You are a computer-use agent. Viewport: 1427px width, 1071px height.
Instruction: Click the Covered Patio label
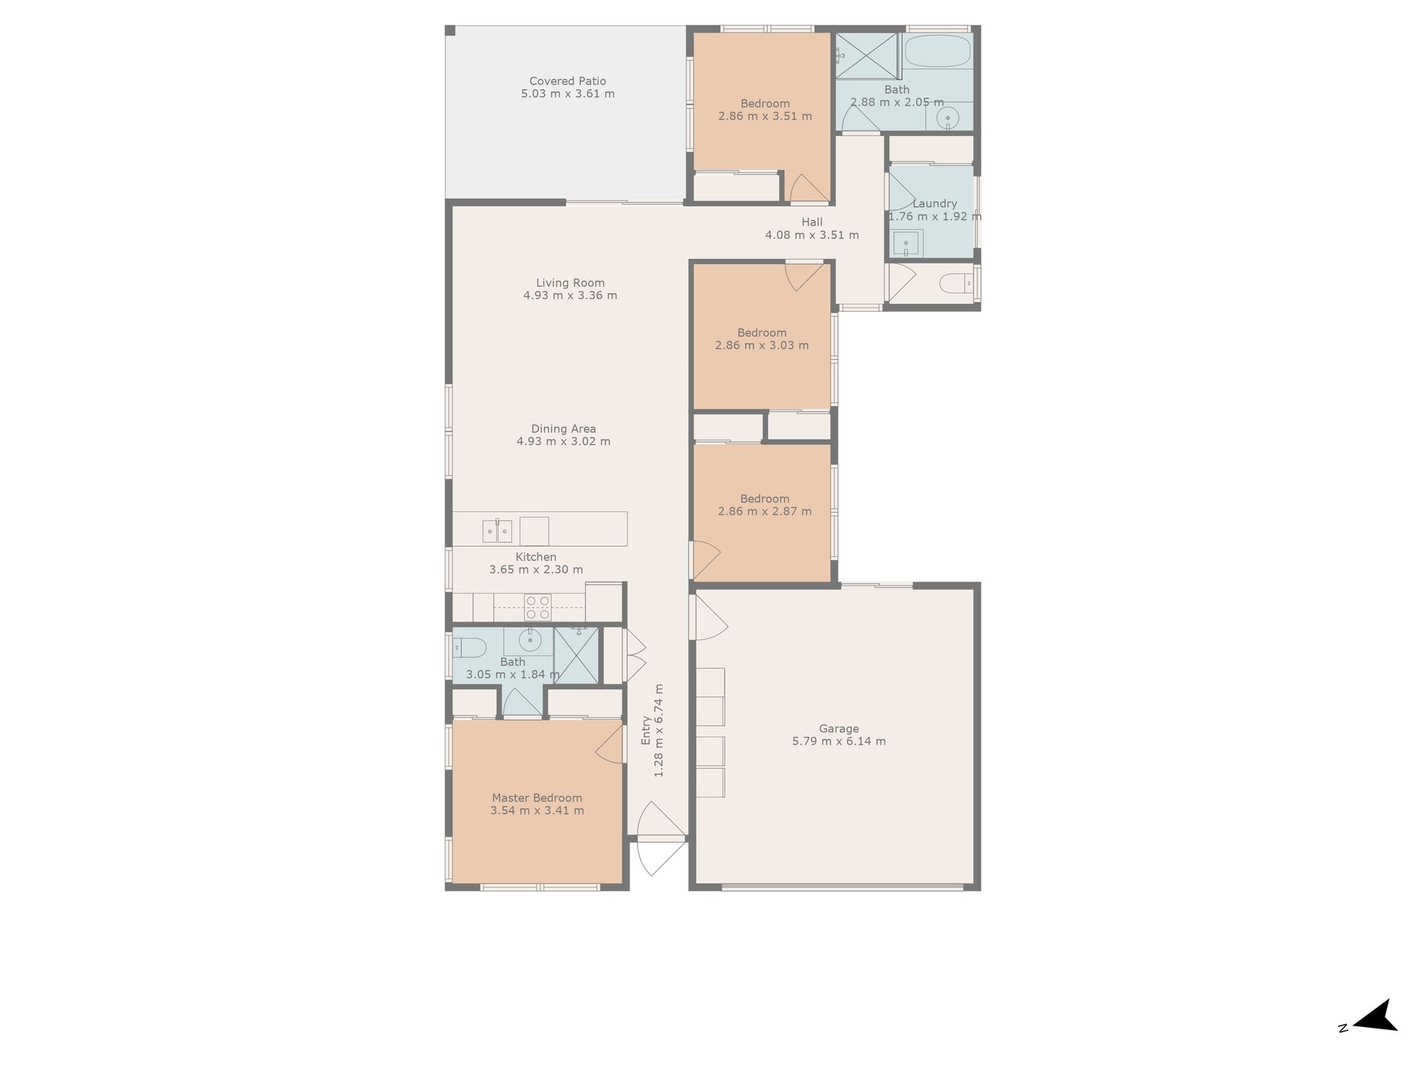[568, 81]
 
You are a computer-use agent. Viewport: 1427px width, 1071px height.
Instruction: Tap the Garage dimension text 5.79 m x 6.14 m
[839, 742]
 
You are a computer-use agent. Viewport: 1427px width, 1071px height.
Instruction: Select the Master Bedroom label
[537, 798]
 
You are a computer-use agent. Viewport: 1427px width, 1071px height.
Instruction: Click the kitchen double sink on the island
[497, 531]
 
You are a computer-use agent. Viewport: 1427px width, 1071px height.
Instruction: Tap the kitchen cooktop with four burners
[538, 607]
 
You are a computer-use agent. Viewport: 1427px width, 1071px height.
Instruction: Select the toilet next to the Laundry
[954, 283]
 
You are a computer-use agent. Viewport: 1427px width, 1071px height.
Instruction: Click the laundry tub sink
[907, 242]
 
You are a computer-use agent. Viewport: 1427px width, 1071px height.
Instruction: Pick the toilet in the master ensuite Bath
[468, 648]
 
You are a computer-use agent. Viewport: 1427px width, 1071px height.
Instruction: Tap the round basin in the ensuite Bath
[529, 640]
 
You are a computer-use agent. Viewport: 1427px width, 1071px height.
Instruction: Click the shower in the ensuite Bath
[576, 654]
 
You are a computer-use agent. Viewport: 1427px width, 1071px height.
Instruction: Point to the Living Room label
[570, 283]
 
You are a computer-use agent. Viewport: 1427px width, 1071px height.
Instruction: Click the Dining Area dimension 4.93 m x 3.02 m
[563, 442]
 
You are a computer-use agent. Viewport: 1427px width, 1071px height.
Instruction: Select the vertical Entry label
[646, 730]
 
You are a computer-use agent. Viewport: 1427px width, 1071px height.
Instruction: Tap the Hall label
[812, 222]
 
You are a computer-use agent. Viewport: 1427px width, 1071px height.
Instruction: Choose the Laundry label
[934, 203]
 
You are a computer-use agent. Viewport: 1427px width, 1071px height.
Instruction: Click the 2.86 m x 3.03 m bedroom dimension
[762, 345]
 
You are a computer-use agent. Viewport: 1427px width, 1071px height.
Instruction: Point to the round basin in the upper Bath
[948, 118]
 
